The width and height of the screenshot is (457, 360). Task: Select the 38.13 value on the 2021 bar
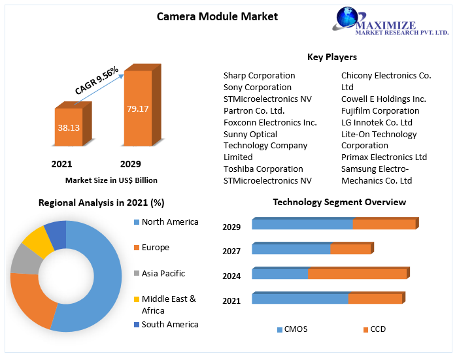(x=69, y=127)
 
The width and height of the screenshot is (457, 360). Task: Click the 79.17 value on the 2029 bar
(x=138, y=108)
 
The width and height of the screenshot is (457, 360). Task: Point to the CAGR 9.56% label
(x=96, y=80)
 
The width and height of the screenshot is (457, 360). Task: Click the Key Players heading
(x=331, y=57)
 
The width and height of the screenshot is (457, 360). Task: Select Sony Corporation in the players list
(x=257, y=87)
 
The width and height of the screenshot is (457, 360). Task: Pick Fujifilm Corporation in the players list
(x=380, y=110)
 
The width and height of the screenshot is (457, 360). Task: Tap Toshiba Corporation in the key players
(x=263, y=169)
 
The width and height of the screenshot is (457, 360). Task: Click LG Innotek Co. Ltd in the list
(x=377, y=122)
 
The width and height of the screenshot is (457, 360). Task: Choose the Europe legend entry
(x=155, y=248)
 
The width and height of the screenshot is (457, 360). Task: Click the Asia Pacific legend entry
(x=163, y=273)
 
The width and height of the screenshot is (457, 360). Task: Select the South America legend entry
(x=169, y=324)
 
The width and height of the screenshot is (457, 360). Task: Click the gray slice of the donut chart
(x=24, y=259)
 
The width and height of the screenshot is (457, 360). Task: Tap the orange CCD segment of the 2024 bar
(x=357, y=274)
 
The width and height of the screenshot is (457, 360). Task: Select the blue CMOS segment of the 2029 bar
(x=302, y=225)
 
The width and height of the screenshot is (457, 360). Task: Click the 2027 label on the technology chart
(x=231, y=251)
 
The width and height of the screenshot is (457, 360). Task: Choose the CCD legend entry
(x=377, y=329)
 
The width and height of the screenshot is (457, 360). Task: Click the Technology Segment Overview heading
(x=339, y=202)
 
